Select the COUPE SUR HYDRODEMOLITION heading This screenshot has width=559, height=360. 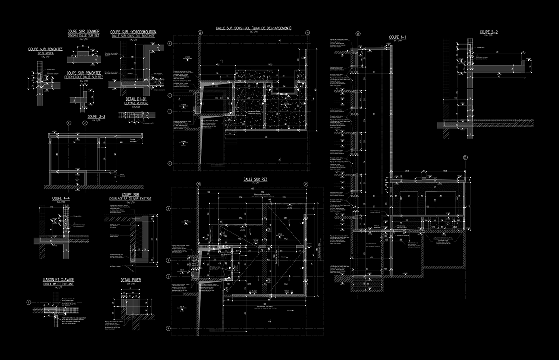point(133,32)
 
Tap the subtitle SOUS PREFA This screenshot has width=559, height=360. point(46,54)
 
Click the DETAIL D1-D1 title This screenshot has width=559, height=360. point(137,99)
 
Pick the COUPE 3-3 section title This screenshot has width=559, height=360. point(96,117)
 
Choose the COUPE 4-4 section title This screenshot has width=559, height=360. point(61,198)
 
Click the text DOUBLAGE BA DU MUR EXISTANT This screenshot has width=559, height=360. point(130,199)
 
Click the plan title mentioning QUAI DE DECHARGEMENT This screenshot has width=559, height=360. point(253,28)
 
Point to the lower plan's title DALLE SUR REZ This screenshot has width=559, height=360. point(255,179)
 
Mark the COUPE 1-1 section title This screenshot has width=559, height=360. point(397,37)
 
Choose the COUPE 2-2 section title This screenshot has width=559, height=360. point(489,32)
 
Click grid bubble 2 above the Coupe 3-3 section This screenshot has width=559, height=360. point(85,123)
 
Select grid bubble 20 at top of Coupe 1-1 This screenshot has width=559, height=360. point(357,34)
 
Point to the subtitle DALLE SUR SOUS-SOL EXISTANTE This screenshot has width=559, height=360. point(133,36)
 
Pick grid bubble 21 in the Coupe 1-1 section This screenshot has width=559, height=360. point(465,158)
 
